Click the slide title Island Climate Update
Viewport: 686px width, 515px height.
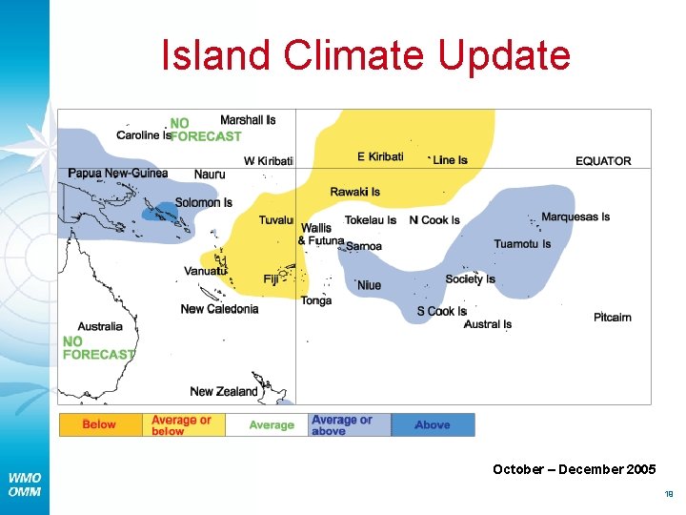point(366,55)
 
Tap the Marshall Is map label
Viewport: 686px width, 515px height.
point(248,120)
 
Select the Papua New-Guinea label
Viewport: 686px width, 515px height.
point(117,174)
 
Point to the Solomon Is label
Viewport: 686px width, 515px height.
point(203,202)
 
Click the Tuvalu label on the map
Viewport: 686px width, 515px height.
point(275,220)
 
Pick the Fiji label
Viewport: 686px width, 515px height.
point(272,279)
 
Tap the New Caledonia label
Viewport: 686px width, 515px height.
point(219,309)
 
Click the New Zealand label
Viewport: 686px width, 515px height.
point(224,391)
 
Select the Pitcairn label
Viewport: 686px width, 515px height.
point(612,318)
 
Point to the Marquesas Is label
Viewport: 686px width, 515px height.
point(575,217)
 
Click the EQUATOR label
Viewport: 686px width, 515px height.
point(603,161)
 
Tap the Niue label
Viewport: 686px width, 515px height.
point(369,285)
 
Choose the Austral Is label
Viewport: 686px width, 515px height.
point(488,324)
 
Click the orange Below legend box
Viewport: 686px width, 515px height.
point(100,424)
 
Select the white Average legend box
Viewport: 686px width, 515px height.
point(272,425)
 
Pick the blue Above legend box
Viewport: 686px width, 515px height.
point(433,425)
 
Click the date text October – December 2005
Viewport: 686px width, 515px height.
point(574,469)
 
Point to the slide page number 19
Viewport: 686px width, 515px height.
point(668,494)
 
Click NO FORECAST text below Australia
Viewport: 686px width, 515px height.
point(98,348)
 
